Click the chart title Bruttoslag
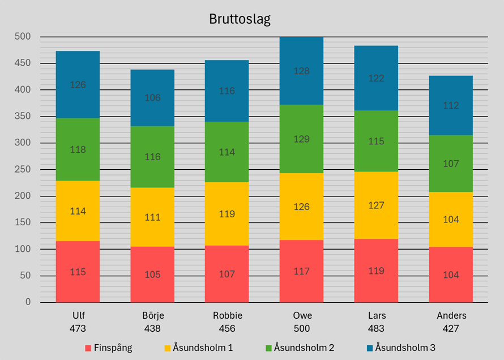(x=240, y=20)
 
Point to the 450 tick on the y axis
(x=23, y=63)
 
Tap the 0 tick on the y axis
(x=28, y=302)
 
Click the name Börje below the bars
(x=152, y=316)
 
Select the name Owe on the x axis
(x=301, y=316)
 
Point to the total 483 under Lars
(x=376, y=328)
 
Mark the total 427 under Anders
(x=451, y=328)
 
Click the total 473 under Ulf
(x=78, y=328)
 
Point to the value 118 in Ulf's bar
(x=78, y=150)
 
